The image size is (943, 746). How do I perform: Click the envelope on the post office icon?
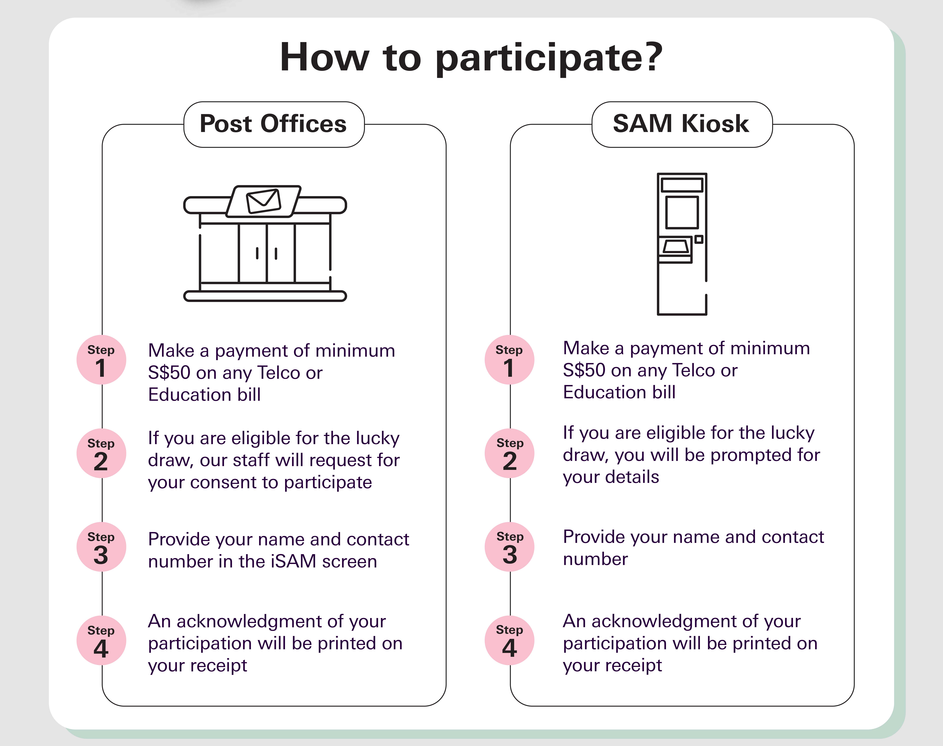(263, 201)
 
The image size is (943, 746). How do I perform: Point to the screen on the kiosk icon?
(682, 212)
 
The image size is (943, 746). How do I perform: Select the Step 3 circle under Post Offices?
(101, 547)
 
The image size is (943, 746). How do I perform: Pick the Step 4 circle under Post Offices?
(101, 640)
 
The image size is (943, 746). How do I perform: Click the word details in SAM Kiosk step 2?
(635, 477)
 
